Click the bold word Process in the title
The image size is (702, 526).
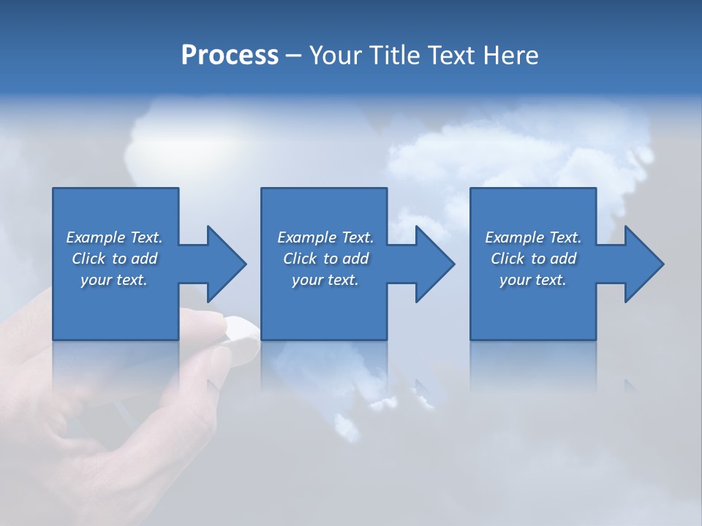(230, 56)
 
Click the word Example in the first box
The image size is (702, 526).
(95, 237)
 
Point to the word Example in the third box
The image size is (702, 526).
(514, 237)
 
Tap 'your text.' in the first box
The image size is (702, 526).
(114, 280)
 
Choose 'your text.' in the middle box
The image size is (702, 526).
(325, 280)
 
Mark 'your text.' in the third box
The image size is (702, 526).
(533, 280)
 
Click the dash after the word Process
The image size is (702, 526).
(294, 56)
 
